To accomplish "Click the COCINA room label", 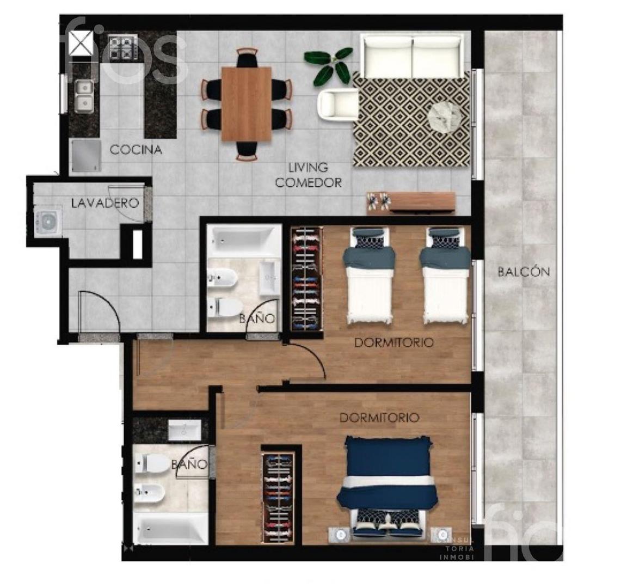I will point(136,150).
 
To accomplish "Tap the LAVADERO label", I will point(105,203).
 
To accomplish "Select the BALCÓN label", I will point(524,272).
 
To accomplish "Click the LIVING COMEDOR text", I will point(308,175).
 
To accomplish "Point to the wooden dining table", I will point(246,103).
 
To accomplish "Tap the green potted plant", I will point(329,65).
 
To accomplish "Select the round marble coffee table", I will point(447,117).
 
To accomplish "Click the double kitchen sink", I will point(83,95).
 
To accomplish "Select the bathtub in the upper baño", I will point(244,240).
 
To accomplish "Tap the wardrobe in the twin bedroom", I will point(306,279).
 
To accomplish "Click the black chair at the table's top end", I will point(247,58).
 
